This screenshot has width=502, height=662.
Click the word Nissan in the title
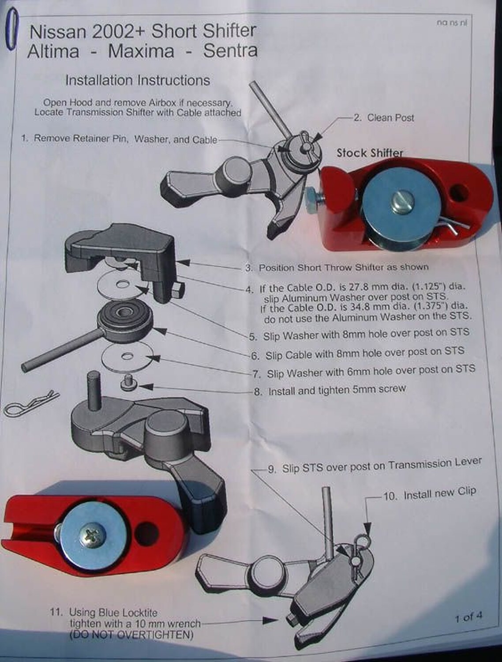tap(58, 32)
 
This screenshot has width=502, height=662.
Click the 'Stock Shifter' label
tap(370, 153)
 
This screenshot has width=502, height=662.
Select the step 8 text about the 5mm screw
tap(330, 390)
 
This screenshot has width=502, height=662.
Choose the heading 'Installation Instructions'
tap(138, 80)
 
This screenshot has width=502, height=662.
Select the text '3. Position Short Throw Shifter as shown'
tap(337, 267)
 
